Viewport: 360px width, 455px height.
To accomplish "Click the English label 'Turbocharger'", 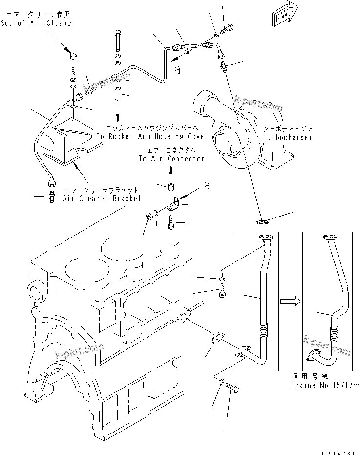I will click(x=287, y=137).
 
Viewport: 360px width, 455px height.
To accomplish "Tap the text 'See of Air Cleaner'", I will click(x=38, y=23).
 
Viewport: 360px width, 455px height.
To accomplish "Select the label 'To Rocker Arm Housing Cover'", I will click(x=152, y=136).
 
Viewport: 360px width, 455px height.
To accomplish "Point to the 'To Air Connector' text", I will click(x=171, y=158).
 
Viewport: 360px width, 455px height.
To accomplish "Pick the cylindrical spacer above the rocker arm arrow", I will click(x=119, y=94).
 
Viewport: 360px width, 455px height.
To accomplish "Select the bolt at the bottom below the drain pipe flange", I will click(x=233, y=389).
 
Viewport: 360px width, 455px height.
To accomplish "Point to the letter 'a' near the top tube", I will click(x=177, y=70).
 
